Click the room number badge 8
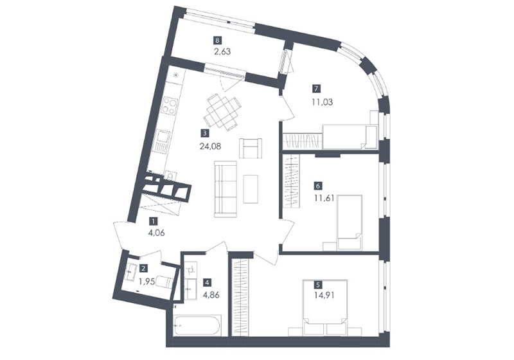pos(217,40)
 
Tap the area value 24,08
pos(210,146)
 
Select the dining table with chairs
pos(222,112)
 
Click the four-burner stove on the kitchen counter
pos(169,105)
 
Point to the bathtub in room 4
pos(198,325)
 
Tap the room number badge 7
pos(317,89)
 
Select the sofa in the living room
pos(226,189)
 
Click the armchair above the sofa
pos(251,148)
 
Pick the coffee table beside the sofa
pos(251,189)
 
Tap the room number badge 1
pos(153,221)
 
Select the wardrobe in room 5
pos(240,297)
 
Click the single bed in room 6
pos(350,222)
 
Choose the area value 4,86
pos(211,294)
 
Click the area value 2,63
pos(222,51)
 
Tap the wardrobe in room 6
pos(291,181)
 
